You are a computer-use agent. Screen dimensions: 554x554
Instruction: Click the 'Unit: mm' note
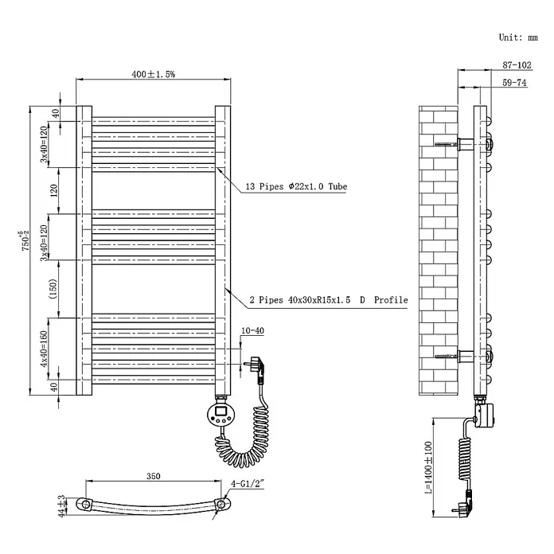pos(518,37)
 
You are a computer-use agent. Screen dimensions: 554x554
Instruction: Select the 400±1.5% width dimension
pos(154,74)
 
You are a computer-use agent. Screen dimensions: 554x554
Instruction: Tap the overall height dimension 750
pos(25,241)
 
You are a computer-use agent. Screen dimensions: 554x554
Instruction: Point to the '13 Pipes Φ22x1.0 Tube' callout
pos(296,186)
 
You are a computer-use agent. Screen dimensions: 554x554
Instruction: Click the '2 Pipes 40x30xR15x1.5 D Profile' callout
pos(329,300)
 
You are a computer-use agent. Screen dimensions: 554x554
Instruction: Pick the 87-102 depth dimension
pos(517,65)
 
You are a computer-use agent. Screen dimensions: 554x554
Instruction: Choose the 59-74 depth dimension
pos(514,82)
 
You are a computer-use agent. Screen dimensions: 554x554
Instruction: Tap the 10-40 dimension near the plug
pos(252,330)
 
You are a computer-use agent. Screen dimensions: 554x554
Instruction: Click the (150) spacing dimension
pos(53,289)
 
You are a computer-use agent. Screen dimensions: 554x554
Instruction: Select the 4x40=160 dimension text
pos(44,349)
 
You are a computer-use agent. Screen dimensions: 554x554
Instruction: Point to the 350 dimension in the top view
pos(154,476)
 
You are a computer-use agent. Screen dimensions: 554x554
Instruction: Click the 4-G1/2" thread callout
pos(248,483)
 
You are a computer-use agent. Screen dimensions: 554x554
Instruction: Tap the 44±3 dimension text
pos(62,506)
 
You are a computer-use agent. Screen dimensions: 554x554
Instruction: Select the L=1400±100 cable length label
pos(428,467)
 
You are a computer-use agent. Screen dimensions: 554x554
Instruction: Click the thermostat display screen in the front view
pos(221,410)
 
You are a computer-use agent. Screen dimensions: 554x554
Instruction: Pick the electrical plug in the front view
pos(257,369)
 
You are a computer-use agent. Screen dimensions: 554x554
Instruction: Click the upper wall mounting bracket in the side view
pos(466,144)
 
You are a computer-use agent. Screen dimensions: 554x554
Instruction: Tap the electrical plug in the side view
pos(462,504)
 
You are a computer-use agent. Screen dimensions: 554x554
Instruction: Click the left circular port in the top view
pos(85,504)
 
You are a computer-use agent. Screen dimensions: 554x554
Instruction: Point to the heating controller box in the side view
pos(485,416)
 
